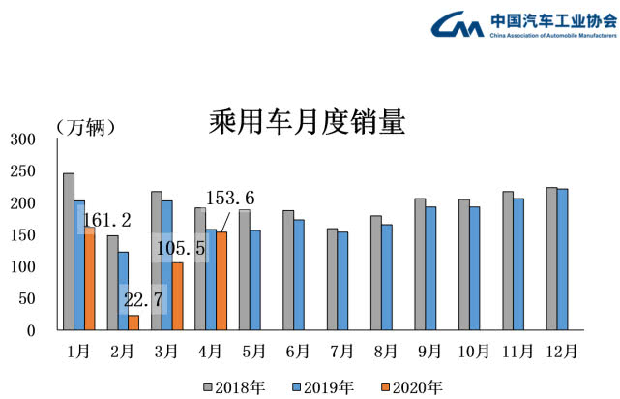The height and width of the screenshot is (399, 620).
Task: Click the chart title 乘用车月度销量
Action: tap(307, 123)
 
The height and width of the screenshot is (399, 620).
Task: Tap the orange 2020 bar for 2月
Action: tap(133, 322)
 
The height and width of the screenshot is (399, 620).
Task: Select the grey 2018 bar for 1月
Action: tap(69, 252)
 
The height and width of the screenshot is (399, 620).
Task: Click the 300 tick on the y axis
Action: tap(22, 139)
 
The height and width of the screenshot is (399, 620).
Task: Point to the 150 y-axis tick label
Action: tap(22, 235)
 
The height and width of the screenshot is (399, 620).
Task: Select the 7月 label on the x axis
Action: tap(338, 349)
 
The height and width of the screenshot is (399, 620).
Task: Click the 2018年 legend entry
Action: tap(233, 386)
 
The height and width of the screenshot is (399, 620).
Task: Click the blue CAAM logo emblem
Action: tap(458, 24)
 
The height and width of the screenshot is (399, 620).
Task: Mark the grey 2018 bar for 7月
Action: tap(332, 280)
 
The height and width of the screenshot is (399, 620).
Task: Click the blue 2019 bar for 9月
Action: tap(430, 268)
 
